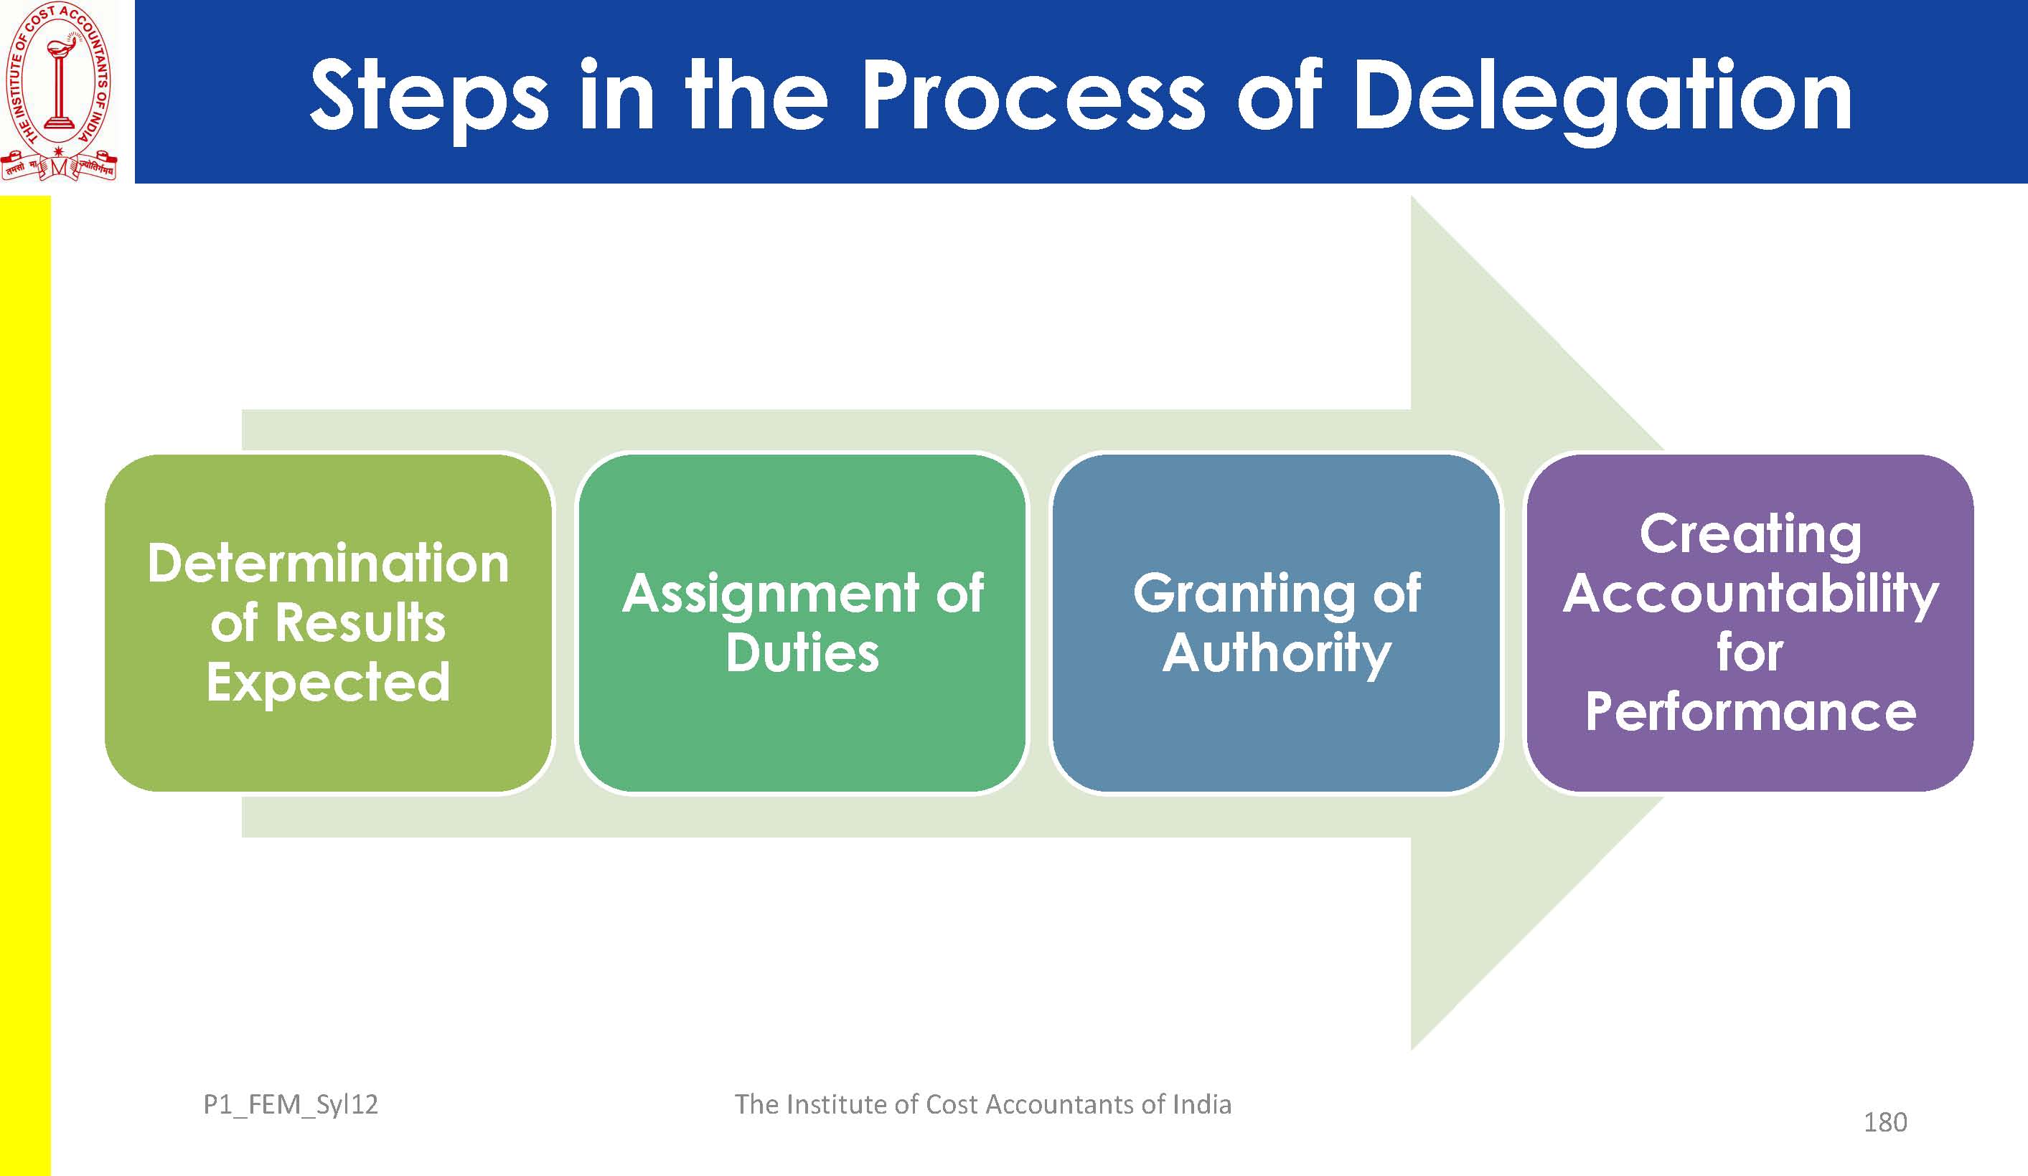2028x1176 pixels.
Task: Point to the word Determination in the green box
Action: pos(329,564)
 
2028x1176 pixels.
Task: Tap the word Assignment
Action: pos(770,594)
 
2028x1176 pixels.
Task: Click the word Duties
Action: pos(802,653)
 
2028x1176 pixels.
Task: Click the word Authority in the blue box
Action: pos(1277,653)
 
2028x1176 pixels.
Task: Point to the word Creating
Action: pos(1750,534)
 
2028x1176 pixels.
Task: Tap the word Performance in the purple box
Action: pos(1750,712)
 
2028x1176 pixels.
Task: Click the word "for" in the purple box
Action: pos(1750,653)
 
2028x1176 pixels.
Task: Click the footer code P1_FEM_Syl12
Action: pos(291,1104)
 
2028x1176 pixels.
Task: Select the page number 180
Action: pos(1884,1122)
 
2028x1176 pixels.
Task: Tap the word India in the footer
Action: pos(1201,1104)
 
